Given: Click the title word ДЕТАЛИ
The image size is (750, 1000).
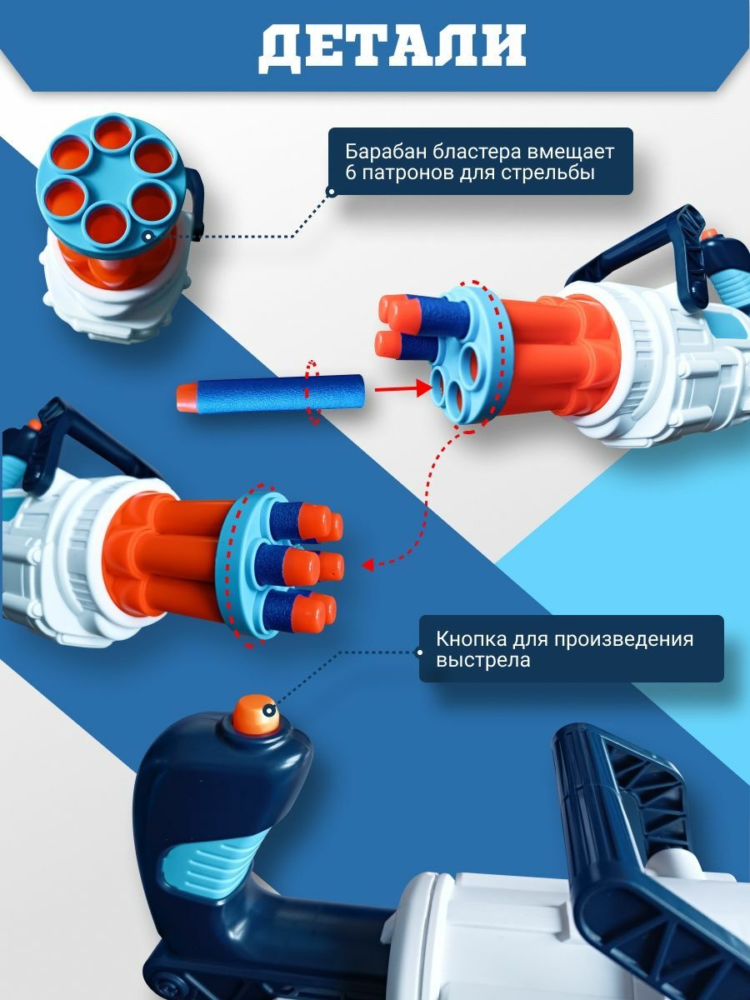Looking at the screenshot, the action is pos(392,48).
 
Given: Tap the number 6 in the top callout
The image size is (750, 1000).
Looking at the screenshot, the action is pos(350,173).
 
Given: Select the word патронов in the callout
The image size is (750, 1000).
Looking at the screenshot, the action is pos(406,174).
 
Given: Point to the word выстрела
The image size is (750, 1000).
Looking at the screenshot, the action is pos(483,661).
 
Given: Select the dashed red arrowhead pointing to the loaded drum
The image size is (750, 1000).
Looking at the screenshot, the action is pos(368,565).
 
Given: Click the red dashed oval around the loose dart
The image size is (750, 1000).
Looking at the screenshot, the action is pos(312,392).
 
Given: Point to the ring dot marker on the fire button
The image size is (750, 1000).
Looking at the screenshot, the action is pos(269,710).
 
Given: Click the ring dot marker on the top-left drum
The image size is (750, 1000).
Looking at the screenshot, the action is pos(147,236).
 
